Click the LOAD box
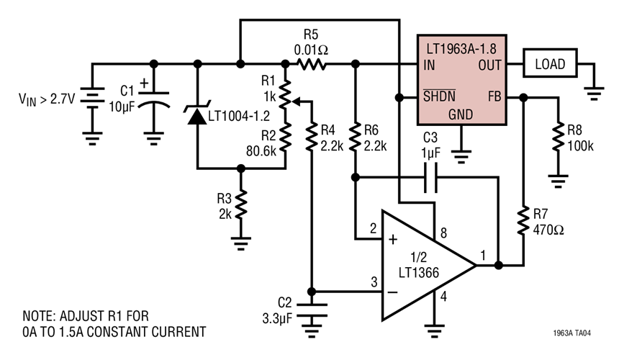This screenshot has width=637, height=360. (x=551, y=64)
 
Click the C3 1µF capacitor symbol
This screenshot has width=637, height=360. (x=430, y=176)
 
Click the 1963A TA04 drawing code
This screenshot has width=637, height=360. (x=573, y=334)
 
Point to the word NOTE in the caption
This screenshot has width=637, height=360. (x=41, y=316)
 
